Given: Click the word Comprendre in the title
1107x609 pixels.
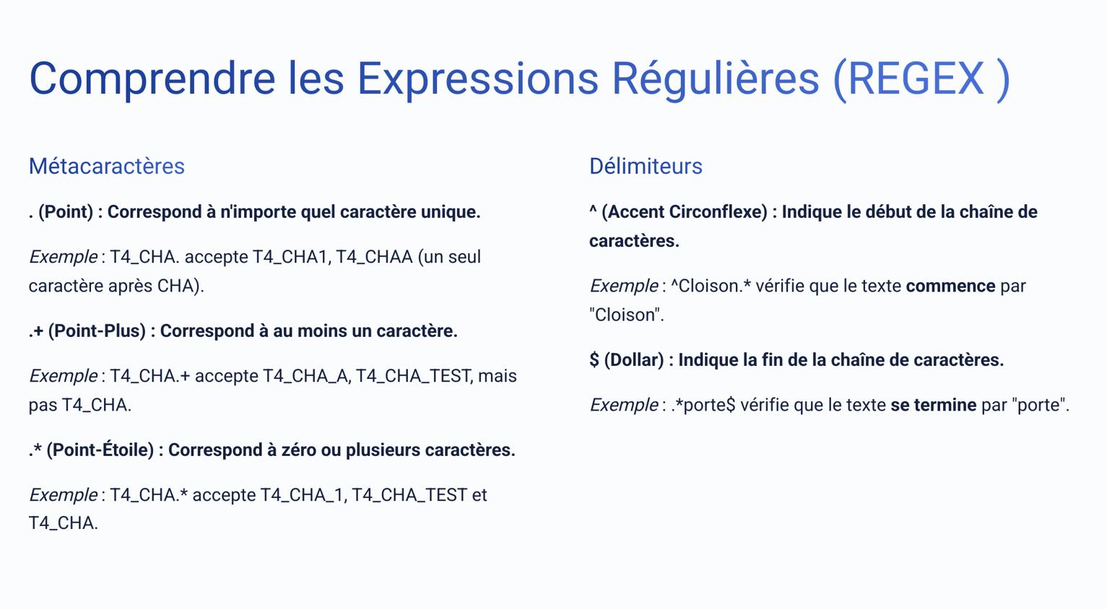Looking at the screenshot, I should click(x=152, y=79).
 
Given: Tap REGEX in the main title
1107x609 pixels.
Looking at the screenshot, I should click(x=915, y=79).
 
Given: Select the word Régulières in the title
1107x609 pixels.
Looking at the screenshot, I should click(x=715, y=79).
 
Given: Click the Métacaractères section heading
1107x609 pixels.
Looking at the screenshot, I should click(x=106, y=166).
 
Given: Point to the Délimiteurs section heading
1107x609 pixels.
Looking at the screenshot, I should click(x=645, y=166).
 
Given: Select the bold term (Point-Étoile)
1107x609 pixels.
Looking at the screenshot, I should click(x=100, y=450).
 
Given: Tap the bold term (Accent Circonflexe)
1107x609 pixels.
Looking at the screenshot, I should click(x=684, y=212).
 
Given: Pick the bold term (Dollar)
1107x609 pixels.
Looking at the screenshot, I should click(x=633, y=360).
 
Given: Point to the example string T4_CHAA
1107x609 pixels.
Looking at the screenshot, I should click(x=374, y=257).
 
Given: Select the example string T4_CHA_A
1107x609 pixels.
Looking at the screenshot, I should click(x=305, y=376).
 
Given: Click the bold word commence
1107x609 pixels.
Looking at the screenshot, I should click(x=950, y=286).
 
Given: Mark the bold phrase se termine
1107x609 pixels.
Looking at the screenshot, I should click(x=933, y=406).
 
